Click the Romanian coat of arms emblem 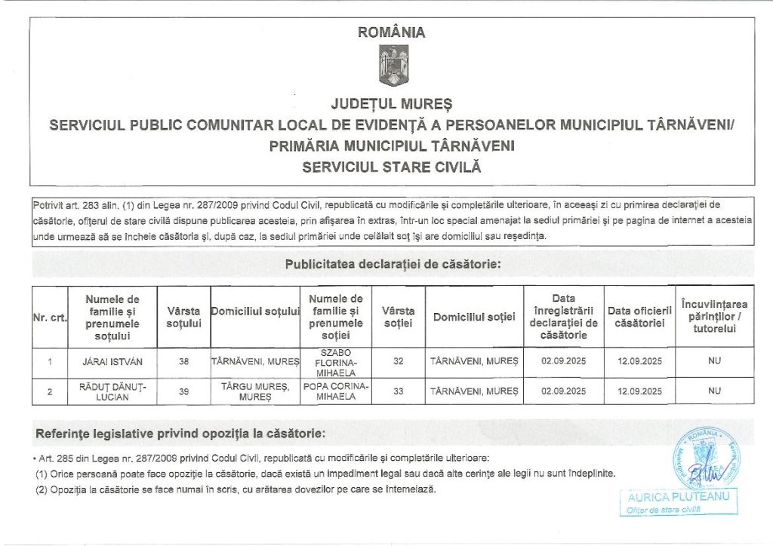point(393,65)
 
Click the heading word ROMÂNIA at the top point(392,32)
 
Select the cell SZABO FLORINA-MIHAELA point(336,362)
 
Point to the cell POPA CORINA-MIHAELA point(336,391)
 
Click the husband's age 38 point(183,362)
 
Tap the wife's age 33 point(399,391)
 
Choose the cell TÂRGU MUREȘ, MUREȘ point(255,391)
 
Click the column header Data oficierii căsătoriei point(639,317)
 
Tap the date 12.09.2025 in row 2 point(639,391)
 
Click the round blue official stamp point(705,459)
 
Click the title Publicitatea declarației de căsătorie point(393,265)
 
